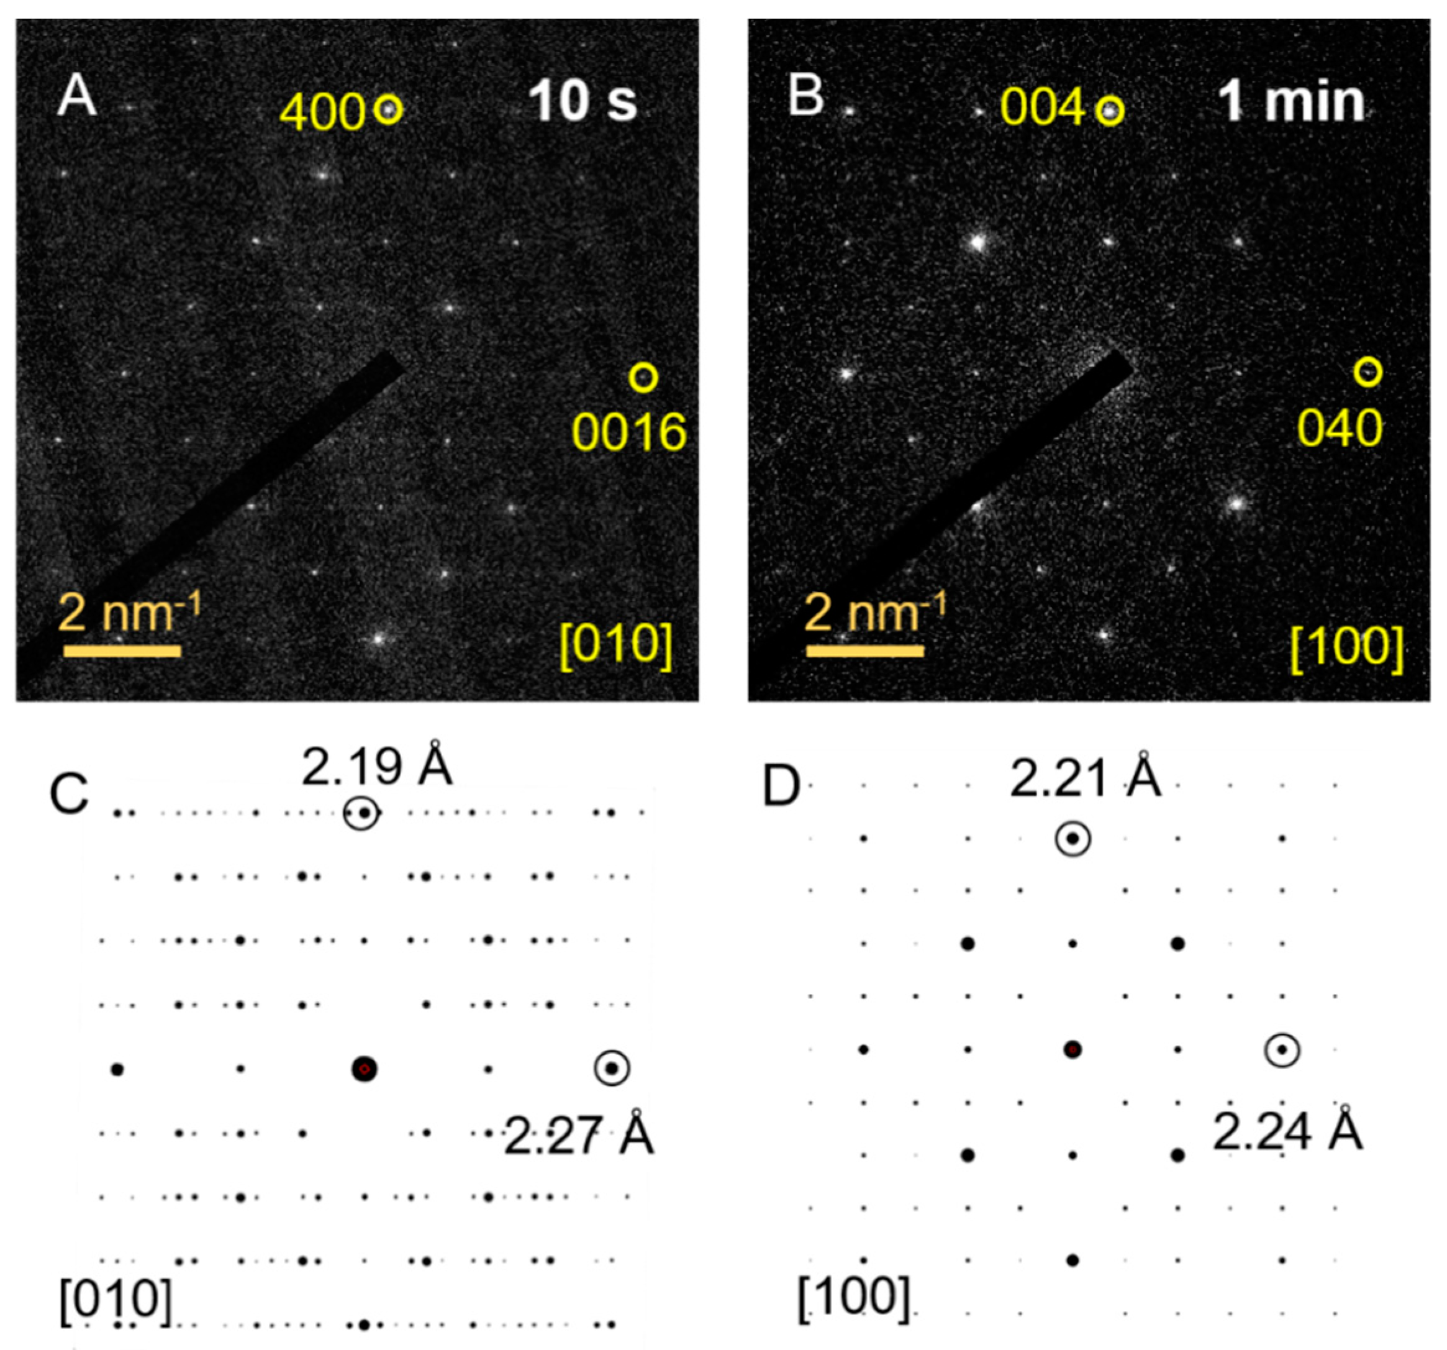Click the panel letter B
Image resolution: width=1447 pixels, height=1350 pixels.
[807, 97]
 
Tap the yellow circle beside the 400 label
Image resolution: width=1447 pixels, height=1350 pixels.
[388, 109]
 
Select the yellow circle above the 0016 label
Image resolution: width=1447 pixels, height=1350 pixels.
[643, 378]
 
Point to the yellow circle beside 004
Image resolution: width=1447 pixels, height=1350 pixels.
[1109, 111]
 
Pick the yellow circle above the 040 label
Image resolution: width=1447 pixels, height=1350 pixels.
[1368, 372]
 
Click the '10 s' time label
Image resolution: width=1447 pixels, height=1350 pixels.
[583, 101]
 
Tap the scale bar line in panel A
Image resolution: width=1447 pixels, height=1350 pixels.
[122, 651]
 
